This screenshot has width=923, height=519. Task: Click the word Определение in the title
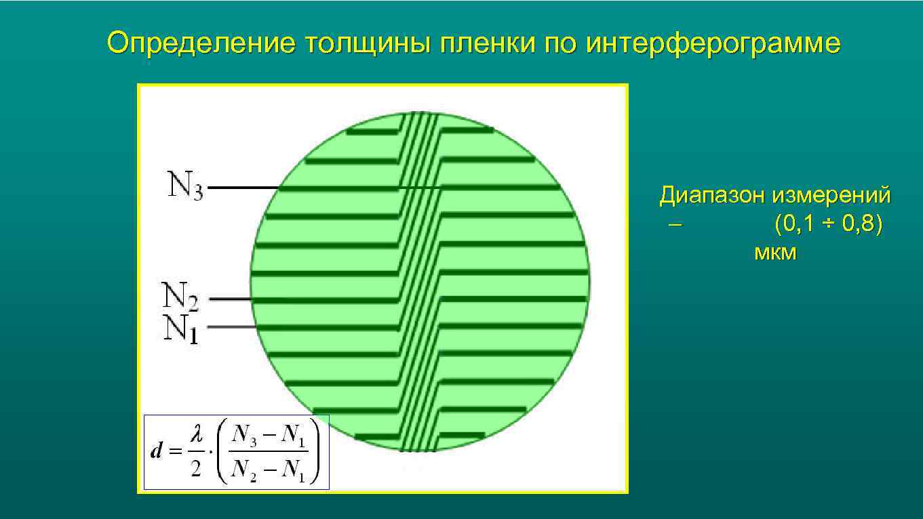(x=201, y=44)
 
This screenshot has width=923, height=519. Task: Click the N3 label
(x=185, y=186)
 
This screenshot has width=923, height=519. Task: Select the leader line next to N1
(x=231, y=327)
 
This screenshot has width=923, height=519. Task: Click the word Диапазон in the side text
(x=713, y=196)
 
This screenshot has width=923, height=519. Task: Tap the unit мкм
(x=775, y=253)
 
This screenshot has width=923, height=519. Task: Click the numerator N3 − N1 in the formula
(x=269, y=436)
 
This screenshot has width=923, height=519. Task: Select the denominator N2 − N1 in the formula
(x=269, y=470)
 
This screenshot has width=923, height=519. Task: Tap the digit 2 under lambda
(x=196, y=470)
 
